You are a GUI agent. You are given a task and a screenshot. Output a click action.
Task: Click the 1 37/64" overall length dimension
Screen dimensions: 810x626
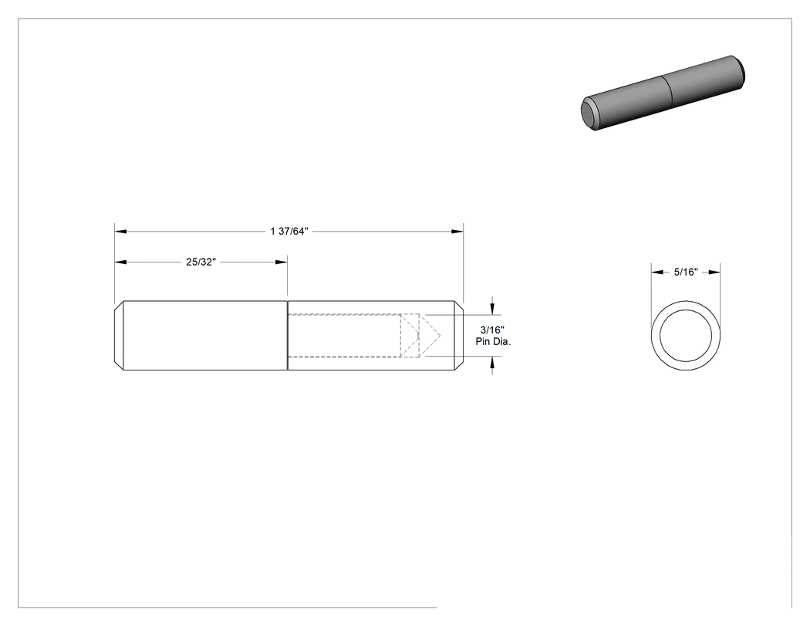[x=289, y=231]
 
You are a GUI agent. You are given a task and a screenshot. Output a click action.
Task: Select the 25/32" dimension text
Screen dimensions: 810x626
[x=201, y=262]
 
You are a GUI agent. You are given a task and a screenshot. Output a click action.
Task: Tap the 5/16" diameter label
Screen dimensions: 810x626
[x=686, y=272]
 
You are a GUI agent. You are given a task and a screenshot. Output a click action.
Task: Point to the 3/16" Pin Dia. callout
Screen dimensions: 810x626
[x=493, y=336]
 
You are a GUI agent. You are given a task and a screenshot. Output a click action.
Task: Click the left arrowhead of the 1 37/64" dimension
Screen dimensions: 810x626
[x=120, y=231]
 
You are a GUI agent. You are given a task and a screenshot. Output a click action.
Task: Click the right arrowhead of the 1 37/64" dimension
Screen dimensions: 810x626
[x=457, y=231]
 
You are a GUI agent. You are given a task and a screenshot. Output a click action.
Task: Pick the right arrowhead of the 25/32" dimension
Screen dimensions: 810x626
[x=282, y=262]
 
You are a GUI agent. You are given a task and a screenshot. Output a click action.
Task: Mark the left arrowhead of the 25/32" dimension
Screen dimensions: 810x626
[x=120, y=262]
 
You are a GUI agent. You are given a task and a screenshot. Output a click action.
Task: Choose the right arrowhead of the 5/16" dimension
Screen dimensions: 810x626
[x=714, y=272]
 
